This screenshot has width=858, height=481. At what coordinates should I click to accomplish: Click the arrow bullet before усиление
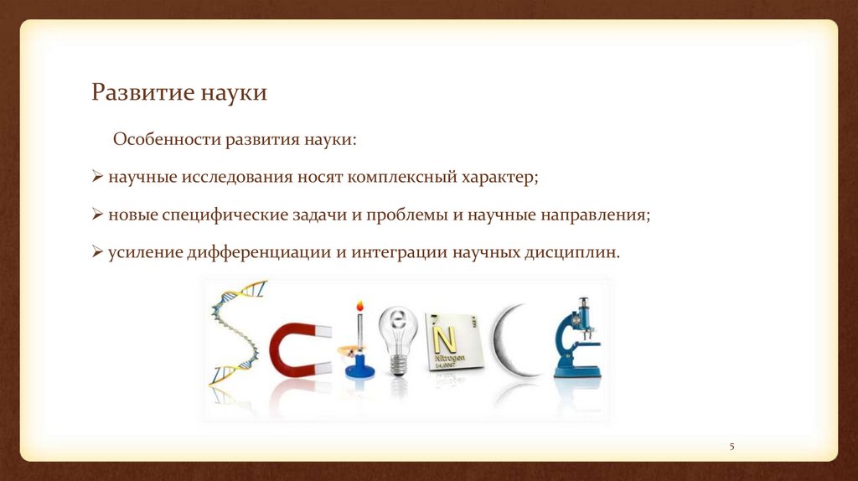[97, 251]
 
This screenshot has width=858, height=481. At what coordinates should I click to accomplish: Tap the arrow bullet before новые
[97, 214]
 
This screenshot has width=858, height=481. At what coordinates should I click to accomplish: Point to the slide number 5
[731, 447]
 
